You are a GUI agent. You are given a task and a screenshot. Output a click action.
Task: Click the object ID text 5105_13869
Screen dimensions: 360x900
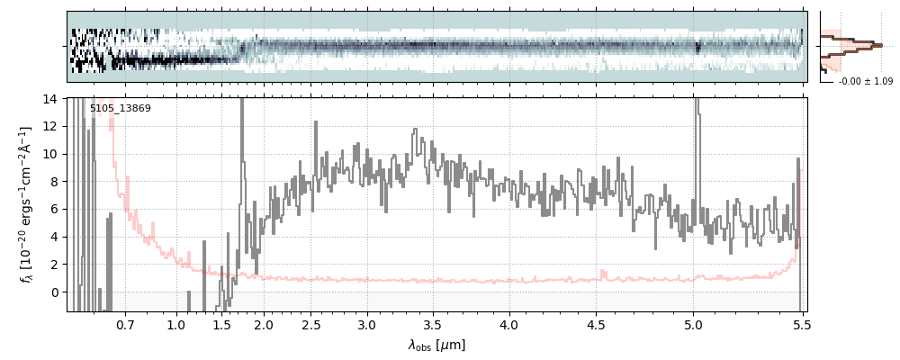tap(120, 109)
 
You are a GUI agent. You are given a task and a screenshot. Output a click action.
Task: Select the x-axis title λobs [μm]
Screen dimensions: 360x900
tap(436, 345)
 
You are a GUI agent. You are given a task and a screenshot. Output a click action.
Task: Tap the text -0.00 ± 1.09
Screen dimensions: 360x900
tap(865, 82)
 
